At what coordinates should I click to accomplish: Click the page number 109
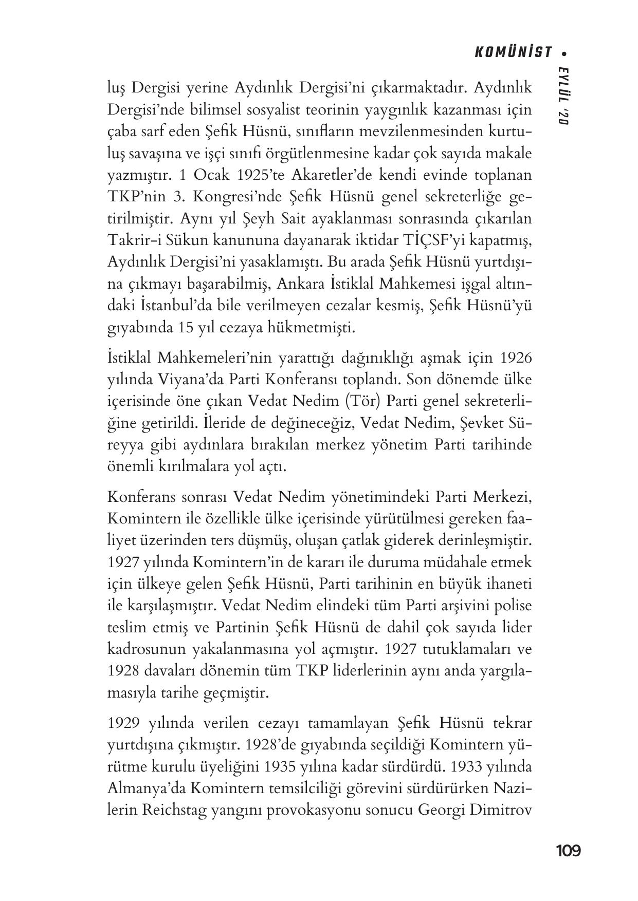[568, 851]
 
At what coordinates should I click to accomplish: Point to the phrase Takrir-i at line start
[132, 240]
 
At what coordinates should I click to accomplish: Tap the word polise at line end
[512, 606]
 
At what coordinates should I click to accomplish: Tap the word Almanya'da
[145, 789]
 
